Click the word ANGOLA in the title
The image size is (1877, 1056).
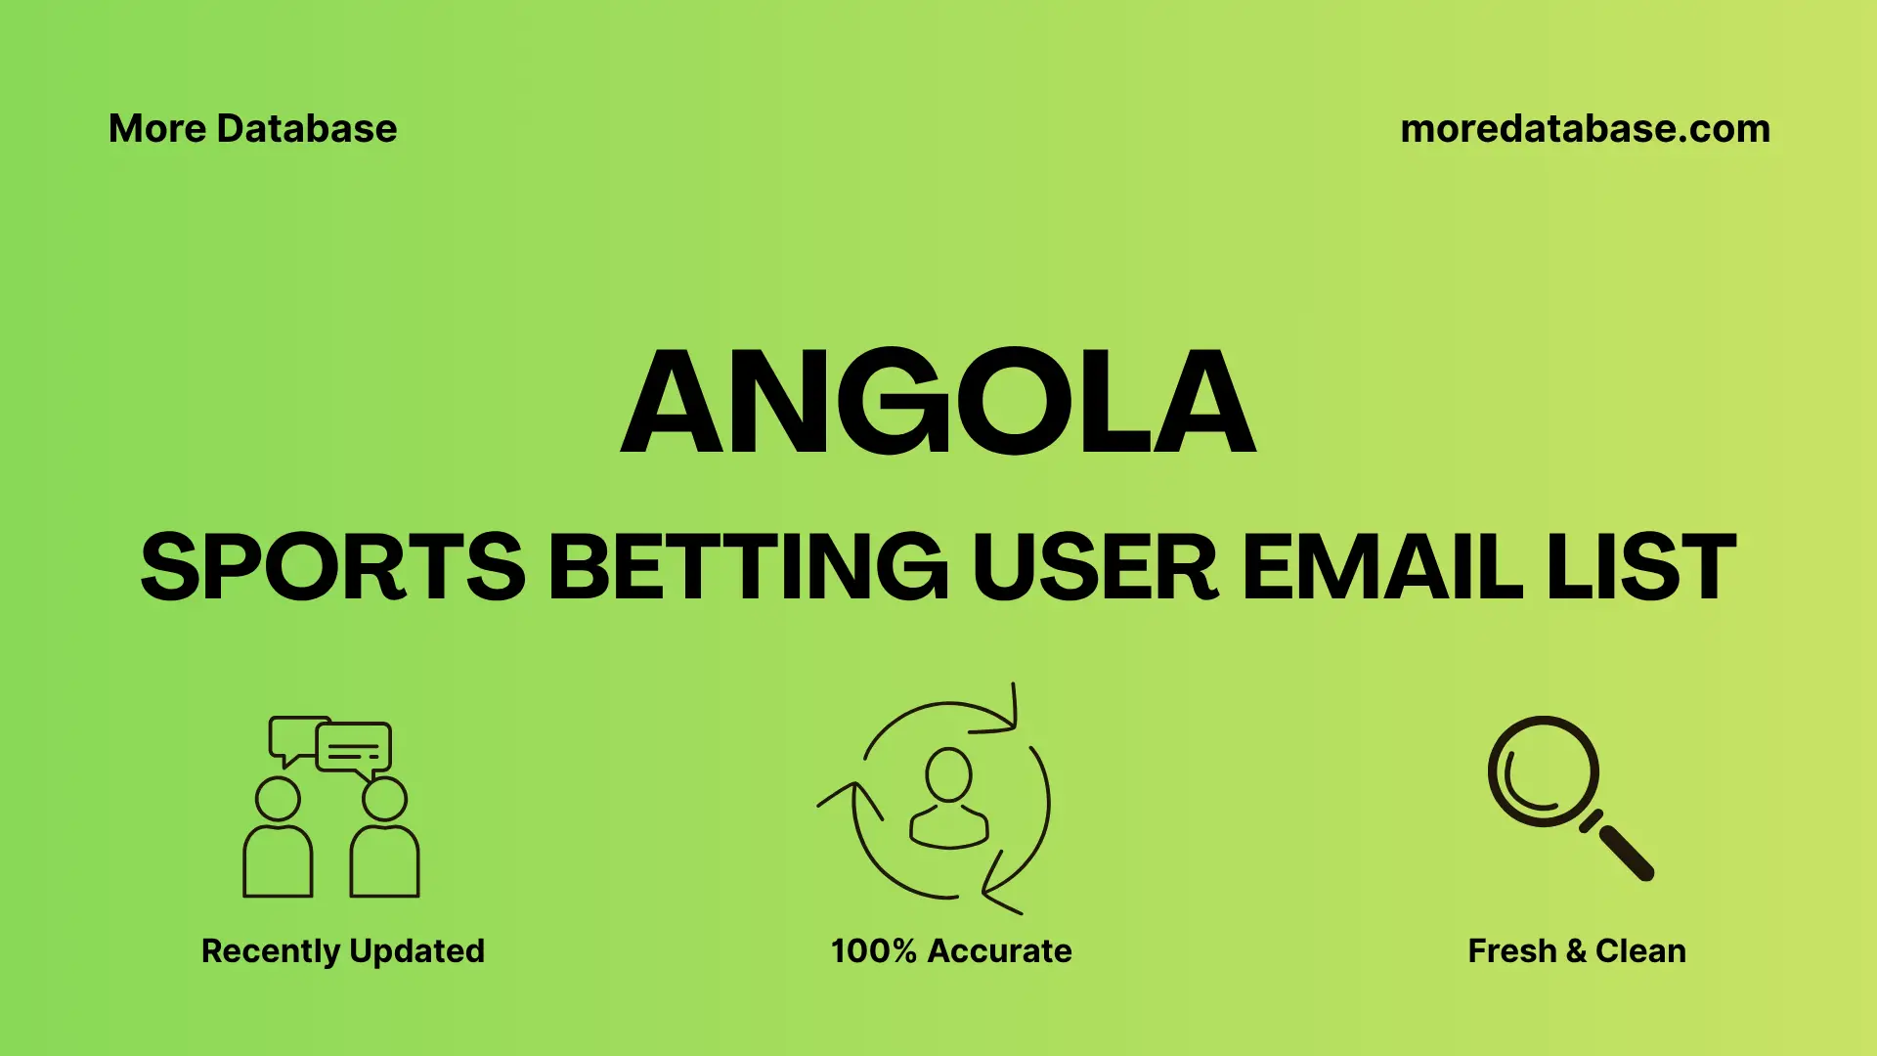(938, 402)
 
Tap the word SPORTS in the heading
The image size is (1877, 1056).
(332, 566)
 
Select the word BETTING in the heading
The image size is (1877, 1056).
(748, 566)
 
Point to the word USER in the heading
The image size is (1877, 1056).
(1095, 566)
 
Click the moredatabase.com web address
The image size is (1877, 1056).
(1585, 129)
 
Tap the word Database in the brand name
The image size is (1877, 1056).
(307, 129)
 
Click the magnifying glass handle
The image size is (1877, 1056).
(1624, 851)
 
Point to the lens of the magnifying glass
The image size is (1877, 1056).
(1543, 771)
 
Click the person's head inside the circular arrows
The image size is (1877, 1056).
(948, 774)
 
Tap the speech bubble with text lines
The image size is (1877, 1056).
(354, 749)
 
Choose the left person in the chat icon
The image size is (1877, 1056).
(278, 841)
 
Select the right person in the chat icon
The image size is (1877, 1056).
(384, 841)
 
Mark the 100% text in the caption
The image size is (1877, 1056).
(873, 951)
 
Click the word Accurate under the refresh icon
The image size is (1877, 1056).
(999, 951)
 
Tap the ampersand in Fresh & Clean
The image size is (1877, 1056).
(1575, 951)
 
